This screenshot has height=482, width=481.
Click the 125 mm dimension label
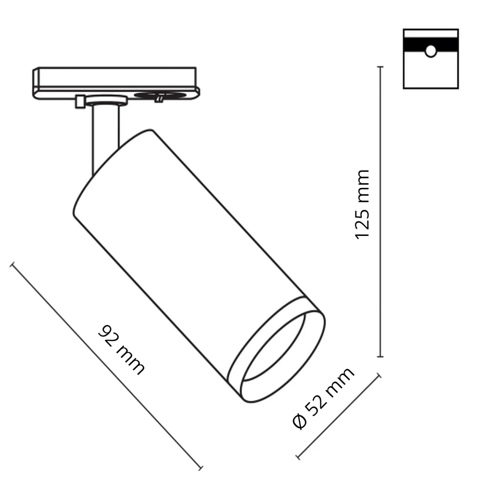(x=362, y=204)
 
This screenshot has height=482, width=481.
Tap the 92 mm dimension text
(x=121, y=350)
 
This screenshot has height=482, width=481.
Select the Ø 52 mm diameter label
(x=323, y=399)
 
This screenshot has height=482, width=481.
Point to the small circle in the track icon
(x=431, y=51)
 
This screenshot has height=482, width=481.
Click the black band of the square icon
(x=431, y=45)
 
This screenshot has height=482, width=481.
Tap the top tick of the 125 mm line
(x=380, y=67)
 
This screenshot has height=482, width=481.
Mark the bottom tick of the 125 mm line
(x=380, y=357)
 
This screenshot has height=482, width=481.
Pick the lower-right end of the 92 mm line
(x=201, y=468)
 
